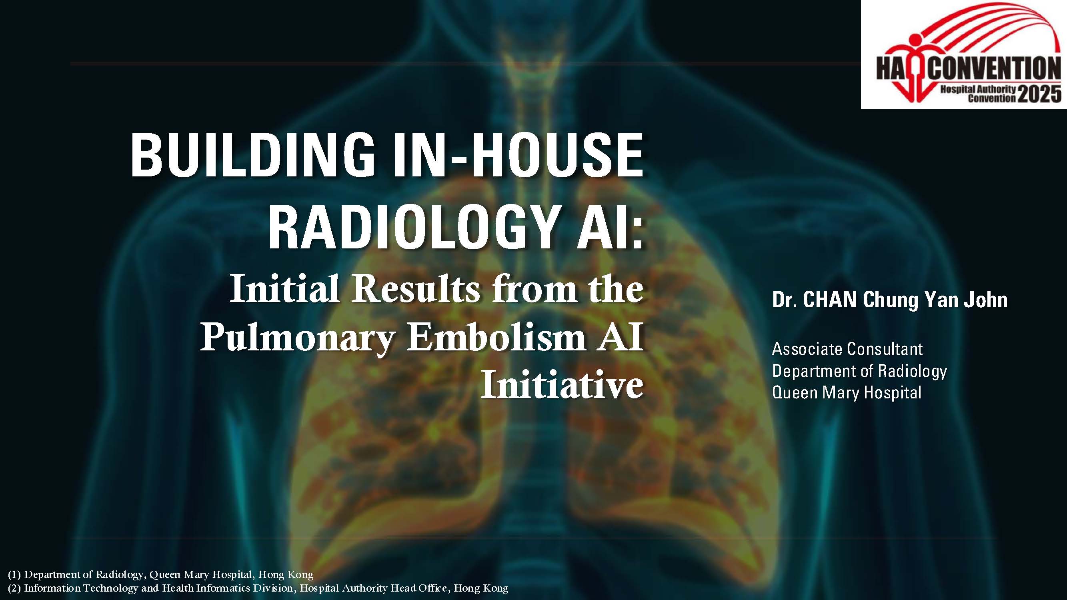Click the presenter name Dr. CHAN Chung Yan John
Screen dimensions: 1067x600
[890, 300]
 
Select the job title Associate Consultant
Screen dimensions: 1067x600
[847, 349]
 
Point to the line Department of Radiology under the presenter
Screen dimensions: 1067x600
[859, 371]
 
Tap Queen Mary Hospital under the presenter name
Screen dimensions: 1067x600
[847, 392]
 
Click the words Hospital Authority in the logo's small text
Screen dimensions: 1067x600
[978, 89]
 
